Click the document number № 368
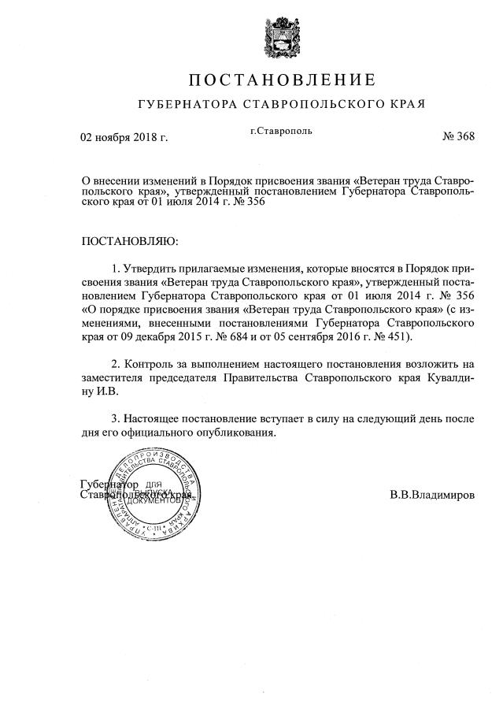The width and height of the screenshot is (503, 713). point(459,136)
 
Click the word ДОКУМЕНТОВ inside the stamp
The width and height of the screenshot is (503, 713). point(161,501)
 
